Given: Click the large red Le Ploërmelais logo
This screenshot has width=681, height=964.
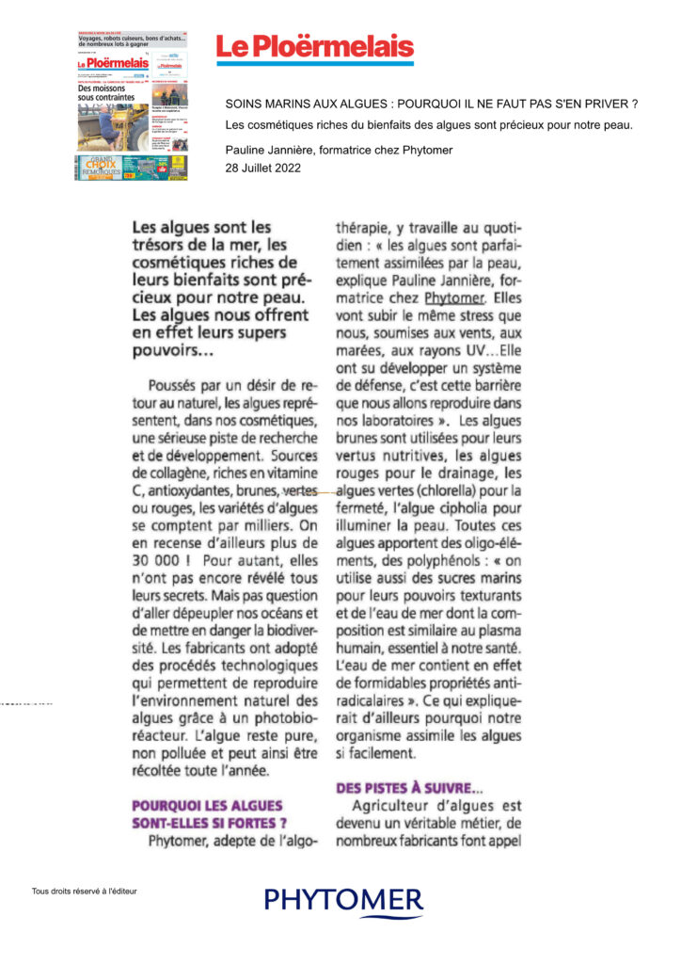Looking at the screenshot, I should (x=315, y=48).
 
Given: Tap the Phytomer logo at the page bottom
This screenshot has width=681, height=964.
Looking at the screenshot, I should (x=343, y=901).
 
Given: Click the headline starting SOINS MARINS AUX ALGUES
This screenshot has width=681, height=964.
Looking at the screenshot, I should (x=432, y=104).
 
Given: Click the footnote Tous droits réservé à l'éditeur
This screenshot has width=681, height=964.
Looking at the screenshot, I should (x=85, y=891).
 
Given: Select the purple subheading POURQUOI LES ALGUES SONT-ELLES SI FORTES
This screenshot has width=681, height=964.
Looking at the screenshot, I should (x=208, y=814).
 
